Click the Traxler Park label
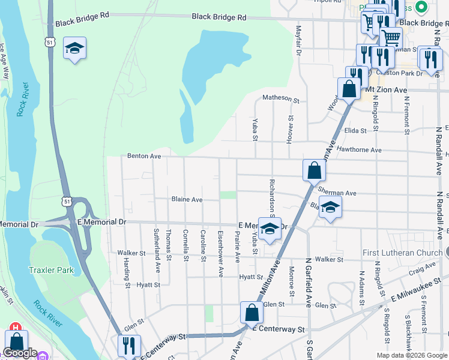[52, 270]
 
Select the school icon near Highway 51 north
[74, 49]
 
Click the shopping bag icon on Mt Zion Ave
[349, 89]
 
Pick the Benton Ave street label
[144, 155]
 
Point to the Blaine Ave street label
[187, 199]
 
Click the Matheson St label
[280, 99]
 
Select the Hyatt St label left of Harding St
[148, 285]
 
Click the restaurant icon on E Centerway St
[128, 346]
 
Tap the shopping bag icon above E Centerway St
[252, 313]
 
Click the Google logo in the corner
[20, 353]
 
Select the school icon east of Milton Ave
[329, 208]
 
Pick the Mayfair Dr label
[298, 42]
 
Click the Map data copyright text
[411, 355]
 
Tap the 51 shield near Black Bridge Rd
[52, 41]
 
